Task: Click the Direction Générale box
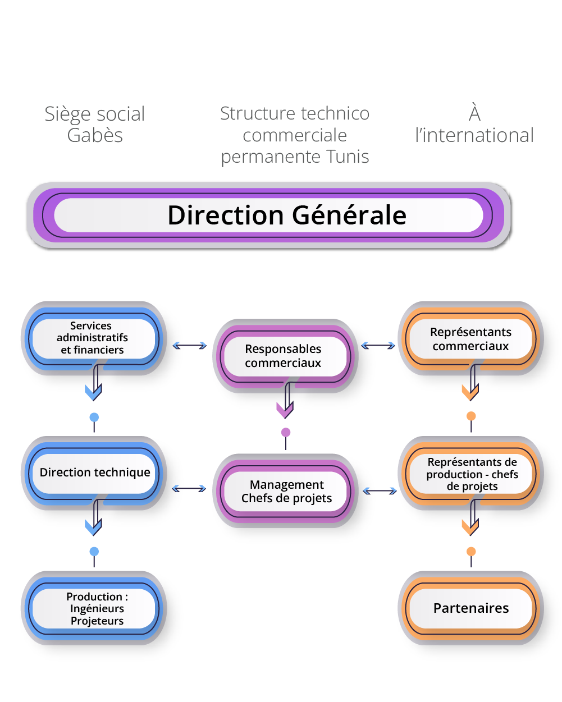coord(269,215)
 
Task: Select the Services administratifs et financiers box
coord(93,338)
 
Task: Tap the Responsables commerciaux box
coord(284,356)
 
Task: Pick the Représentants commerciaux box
coord(470,339)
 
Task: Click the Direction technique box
coord(94,472)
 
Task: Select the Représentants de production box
coord(472,474)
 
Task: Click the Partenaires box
coord(470,608)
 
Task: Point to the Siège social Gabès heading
coord(95,124)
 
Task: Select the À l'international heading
coord(474,124)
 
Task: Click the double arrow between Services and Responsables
coord(190,346)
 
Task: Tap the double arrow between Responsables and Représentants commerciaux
coord(378,346)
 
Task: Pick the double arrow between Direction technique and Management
coord(189,489)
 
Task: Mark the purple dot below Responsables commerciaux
coord(286,432)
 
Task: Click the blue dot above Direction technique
coord(94,417)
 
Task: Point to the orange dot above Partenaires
coord(471,551)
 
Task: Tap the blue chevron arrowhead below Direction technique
coord(93,527)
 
